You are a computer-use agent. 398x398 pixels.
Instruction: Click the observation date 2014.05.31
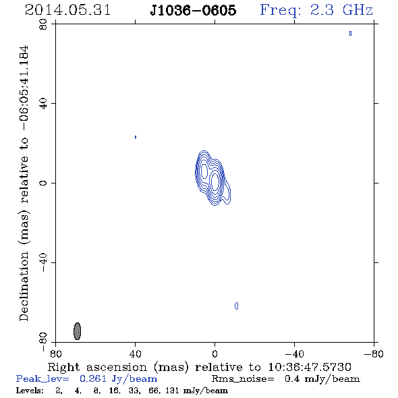[67, 10]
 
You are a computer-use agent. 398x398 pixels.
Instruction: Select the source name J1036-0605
[193, 10]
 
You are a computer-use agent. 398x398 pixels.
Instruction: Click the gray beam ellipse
[77, 331]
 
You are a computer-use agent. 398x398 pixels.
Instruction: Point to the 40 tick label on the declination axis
[43, 104]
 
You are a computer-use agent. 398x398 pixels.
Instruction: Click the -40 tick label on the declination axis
[43, 262]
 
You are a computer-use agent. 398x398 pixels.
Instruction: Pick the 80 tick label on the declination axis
[43, 24]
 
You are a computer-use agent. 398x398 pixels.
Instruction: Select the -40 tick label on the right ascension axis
[294, 353]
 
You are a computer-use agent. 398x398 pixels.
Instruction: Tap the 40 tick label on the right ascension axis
[135, 353]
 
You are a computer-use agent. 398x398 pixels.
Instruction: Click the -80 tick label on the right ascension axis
[374, 353]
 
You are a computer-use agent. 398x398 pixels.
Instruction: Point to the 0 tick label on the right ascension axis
[215, 353]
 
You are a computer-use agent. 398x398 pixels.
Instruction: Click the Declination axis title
[24, 183]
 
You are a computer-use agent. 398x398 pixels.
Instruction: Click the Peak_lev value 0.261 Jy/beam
[118, 379]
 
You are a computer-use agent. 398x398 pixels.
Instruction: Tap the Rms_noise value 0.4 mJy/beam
[322, 379]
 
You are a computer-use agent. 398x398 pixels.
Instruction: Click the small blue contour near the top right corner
[350, 33]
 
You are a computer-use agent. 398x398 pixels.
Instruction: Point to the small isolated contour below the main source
[236, 306]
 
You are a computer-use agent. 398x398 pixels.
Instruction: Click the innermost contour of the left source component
[204, 170]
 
